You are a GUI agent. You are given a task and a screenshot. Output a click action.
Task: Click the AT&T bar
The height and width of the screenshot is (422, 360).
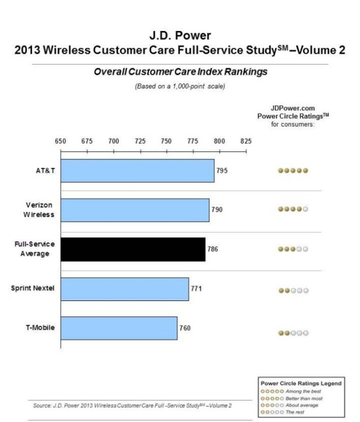[x=137, y=170]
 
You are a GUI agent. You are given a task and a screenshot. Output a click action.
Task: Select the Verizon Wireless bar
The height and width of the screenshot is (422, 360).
[x=135, y=210]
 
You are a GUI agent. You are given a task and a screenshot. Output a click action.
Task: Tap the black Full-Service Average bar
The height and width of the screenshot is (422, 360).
[x=133, y=249]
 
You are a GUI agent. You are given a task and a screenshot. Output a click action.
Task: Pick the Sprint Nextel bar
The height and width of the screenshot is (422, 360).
[x=124, y=289]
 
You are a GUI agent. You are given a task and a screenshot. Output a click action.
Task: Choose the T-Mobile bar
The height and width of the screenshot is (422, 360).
[x=119, y=328]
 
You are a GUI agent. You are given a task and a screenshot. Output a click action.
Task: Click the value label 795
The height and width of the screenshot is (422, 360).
[x=222, y=170]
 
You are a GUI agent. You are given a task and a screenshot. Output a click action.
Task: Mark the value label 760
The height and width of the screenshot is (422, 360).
[x=186, y=328]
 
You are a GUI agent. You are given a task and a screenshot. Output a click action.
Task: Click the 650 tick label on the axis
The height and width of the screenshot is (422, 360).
[x=61, y=141]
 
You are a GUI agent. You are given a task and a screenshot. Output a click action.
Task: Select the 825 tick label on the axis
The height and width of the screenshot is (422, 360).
[x=246, y=141]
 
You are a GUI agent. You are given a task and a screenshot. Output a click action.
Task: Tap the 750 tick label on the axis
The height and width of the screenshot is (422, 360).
[x=166, y=141]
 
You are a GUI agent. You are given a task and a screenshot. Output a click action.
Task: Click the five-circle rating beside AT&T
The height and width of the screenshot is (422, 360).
[x=293, y=171]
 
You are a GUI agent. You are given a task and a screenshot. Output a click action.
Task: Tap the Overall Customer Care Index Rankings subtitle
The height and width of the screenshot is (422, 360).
[x=181, y=72]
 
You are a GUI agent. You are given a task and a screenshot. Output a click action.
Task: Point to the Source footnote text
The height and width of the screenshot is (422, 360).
[x=132, y=405]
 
